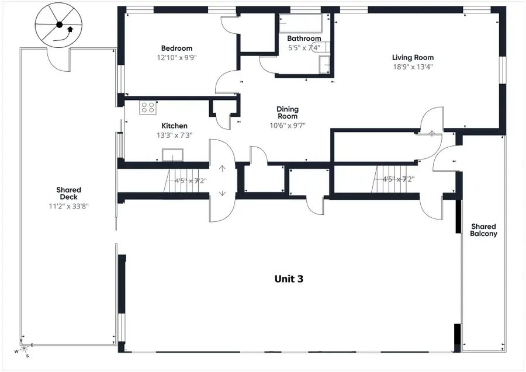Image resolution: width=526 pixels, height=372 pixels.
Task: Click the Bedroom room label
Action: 177,48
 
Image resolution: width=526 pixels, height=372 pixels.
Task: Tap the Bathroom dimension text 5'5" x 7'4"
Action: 303,48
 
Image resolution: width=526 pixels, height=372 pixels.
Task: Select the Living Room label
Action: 412,57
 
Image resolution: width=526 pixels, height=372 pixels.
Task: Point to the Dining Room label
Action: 288,112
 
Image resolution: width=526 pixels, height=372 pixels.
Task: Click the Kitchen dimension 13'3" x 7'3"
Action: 174,135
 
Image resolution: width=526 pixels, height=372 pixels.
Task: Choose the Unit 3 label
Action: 289,279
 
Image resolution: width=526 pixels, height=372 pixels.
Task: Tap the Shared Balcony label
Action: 483,230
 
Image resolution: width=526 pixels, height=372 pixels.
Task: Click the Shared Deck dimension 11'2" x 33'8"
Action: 69,206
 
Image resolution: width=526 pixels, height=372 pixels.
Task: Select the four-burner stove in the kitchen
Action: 148,107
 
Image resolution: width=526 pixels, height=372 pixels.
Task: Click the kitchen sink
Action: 172,155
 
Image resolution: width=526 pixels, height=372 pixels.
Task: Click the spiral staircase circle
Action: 59,25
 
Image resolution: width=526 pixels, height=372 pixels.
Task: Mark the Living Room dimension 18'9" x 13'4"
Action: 412,67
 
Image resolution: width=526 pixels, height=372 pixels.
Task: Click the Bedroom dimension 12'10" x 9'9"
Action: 177,57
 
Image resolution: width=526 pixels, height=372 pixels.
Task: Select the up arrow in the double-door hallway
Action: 222,169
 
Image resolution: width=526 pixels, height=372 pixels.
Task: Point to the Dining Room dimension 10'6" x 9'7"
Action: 288,126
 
